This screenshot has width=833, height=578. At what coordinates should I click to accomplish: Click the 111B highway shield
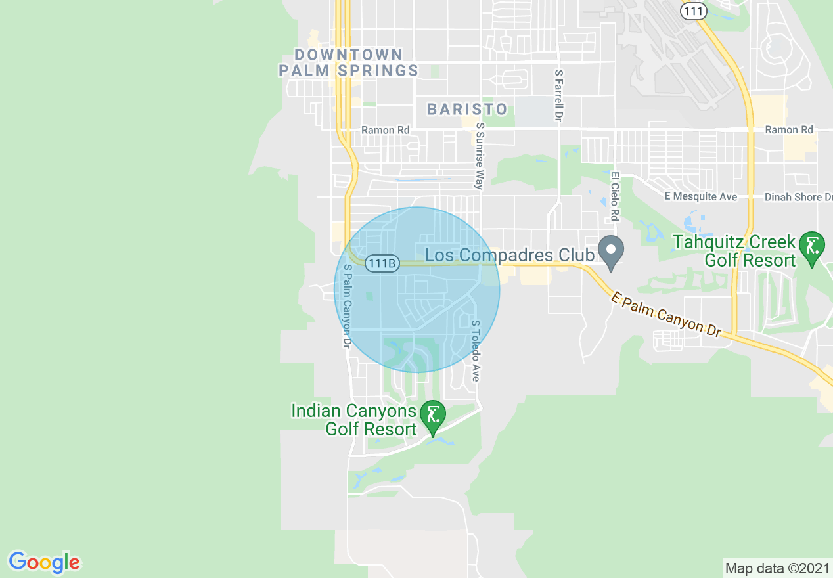click(x=382, y=263)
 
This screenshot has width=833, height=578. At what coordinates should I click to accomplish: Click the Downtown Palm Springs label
click(x=348, y=62)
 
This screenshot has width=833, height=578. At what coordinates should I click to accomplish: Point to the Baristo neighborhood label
click(x=467, y=109)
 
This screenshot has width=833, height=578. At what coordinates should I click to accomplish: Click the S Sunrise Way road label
click(x=480, y=156)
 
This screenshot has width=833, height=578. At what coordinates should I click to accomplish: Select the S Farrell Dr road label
click(x=559, y=96)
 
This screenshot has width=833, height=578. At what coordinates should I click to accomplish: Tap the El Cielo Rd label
click(x=615, y=196)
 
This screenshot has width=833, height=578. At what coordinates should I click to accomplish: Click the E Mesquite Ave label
click(x=700, y=197)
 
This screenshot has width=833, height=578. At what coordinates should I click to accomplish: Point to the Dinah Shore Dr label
click(x=798, y=197)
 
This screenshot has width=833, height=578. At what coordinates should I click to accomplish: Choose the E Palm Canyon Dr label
click(x=666, y=315)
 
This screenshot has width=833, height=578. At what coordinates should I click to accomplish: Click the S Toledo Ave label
click(x=476, y=351)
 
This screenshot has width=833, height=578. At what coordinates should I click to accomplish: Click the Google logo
click(x=44, y=563)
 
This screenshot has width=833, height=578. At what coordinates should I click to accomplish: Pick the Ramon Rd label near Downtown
click(x=386, y=130)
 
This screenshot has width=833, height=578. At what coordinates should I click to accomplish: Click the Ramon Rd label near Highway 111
click(x=789, y=130)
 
